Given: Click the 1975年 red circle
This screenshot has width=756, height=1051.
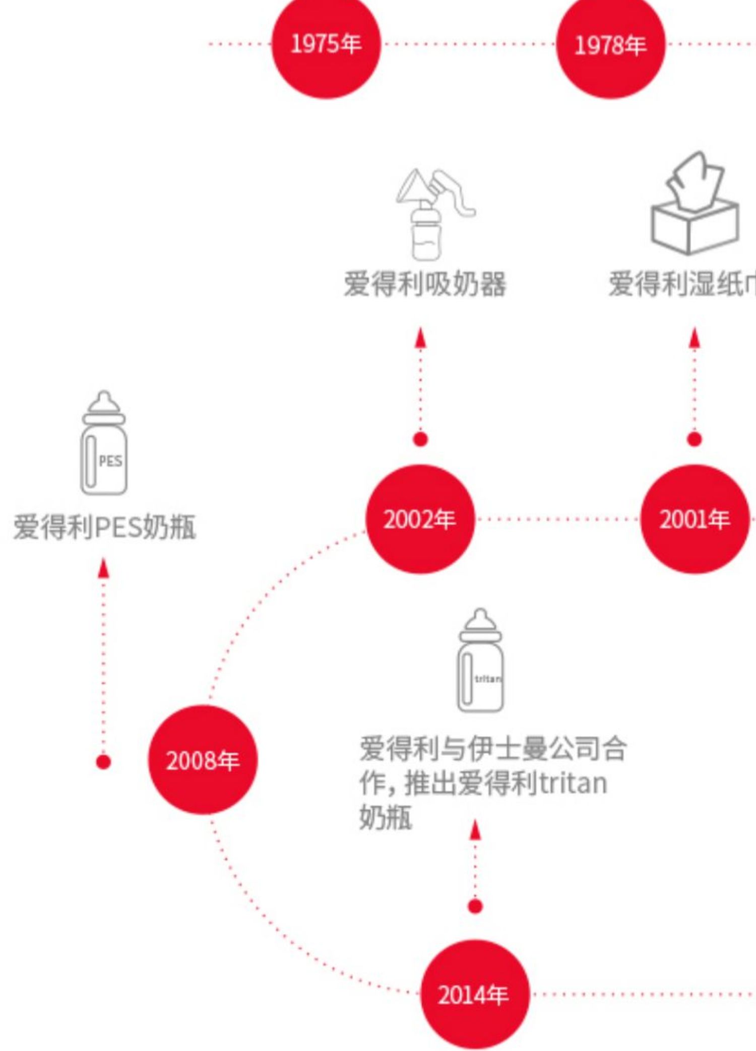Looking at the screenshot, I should [326, 44].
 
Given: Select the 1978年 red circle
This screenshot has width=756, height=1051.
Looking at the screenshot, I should [610, 45].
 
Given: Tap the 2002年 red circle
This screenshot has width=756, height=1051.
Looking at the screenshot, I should [420, 519].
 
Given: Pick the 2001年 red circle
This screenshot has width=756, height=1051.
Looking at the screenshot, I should [695, 519].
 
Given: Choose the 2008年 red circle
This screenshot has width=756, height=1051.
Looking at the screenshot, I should [203, 760].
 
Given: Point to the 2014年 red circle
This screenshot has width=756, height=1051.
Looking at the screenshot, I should [474, 995].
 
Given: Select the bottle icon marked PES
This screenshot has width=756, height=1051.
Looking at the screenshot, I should [104, 443].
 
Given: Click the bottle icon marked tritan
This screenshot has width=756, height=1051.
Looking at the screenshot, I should [480, 661].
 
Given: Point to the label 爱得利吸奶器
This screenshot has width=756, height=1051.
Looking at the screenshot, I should [425, 284].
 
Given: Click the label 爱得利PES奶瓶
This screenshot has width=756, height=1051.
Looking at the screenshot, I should [104, 527].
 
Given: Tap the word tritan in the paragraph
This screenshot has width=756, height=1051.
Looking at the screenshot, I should [573, 783].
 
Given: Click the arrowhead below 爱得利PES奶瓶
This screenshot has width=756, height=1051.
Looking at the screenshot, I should [103, 568].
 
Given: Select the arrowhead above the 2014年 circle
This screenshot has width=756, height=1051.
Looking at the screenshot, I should [475, 830].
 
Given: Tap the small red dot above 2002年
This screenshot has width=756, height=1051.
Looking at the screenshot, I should [420, 439].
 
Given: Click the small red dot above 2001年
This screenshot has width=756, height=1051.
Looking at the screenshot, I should [695, 439].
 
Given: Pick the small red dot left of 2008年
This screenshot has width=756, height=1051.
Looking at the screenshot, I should [103, 762].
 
